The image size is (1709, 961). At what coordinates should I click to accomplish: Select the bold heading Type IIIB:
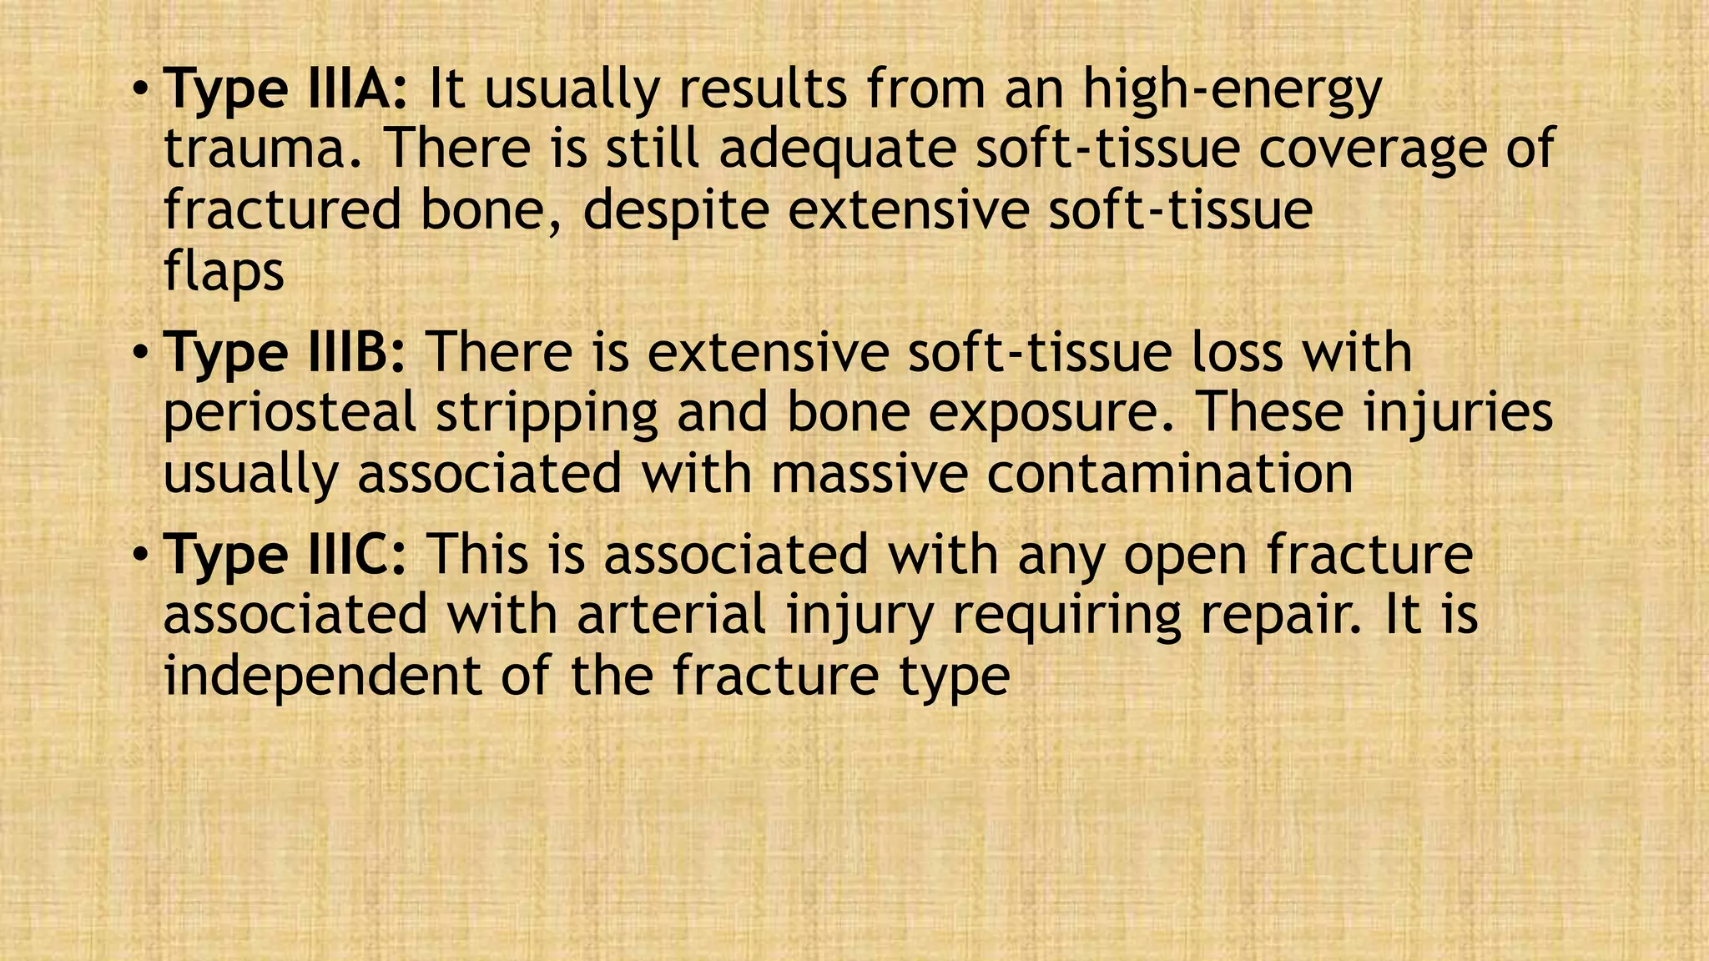(285, 353)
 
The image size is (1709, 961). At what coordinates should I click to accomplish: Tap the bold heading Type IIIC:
(285, 555)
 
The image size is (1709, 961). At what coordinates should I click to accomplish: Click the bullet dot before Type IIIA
(141, 88)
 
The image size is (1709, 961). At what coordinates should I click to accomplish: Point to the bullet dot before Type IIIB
(141, 352)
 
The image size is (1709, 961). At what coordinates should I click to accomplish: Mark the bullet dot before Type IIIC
(141, 554)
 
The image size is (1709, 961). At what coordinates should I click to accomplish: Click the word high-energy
(1233, 89)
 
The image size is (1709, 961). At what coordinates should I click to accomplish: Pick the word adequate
(837, 150)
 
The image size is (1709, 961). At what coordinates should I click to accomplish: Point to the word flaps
(224, 272)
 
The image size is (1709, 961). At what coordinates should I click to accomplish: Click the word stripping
(547, 414)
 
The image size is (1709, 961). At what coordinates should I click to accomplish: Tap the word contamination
(1170, 474)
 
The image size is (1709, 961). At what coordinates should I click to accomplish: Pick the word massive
(869, 474)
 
